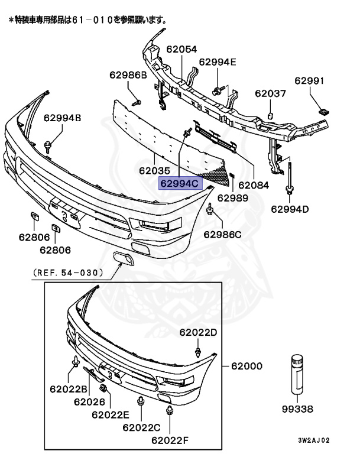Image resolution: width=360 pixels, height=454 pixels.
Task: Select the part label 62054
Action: tap(181, 50)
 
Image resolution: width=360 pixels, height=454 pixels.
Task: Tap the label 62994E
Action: tap(217, 61)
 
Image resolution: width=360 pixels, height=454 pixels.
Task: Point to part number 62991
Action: tap(309, 82)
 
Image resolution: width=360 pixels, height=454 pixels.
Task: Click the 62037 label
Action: tap(270, 93)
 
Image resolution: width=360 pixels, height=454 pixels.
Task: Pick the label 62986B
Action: tap(127, 75)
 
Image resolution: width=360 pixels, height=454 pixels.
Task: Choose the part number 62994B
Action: tap(62, 118)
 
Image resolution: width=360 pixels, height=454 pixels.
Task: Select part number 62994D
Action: tap(290, 209)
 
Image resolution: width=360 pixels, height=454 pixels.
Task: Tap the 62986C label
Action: tap(223, 234)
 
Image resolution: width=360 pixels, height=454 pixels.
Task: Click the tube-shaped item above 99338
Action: tap(296, 375)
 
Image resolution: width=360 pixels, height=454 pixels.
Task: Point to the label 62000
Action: tap(247, 367)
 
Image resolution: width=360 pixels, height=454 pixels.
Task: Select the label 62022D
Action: tap(198, 332)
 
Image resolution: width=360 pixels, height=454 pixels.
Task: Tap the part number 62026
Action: tap(90, 402)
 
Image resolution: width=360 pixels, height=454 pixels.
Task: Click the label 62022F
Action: tap(169, 440)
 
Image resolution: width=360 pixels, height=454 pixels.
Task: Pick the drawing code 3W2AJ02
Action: tap(314, 440)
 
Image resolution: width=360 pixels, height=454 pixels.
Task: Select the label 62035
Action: tap(155, 170)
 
